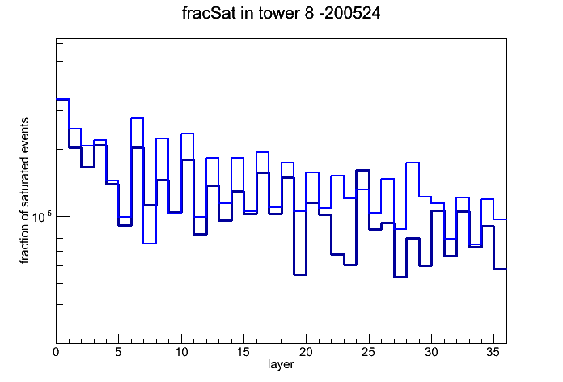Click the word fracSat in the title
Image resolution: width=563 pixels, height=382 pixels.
[209, 13]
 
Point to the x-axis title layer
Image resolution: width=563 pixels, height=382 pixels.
[281, 365]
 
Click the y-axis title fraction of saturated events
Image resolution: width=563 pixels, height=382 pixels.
[24, 191]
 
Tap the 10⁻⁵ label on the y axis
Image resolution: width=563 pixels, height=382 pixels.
[42, 217]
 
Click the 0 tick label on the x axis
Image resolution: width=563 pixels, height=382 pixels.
[56, 352]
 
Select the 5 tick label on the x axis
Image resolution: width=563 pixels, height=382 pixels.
[118, 352]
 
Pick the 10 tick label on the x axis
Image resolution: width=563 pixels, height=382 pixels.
[181, 352]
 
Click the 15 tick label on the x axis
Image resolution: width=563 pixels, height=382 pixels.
[243, 352]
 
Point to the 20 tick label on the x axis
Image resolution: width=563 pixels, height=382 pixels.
[306, 352]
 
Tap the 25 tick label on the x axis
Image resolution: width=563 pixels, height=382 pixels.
[368, 352]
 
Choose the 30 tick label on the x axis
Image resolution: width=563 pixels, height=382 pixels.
[431, 352]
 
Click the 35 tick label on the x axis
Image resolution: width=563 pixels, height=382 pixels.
[493, 352]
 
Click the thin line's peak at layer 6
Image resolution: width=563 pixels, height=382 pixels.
[138, 118]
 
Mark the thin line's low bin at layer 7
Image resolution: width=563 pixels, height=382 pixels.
[150, 244]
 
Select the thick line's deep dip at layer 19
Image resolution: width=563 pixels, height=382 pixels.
[300, 274]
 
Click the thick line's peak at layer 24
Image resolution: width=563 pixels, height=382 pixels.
[362, 170]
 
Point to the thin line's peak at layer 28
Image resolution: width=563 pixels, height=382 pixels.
[413, 163]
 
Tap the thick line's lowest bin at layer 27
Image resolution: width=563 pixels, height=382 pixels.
[400, 277]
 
